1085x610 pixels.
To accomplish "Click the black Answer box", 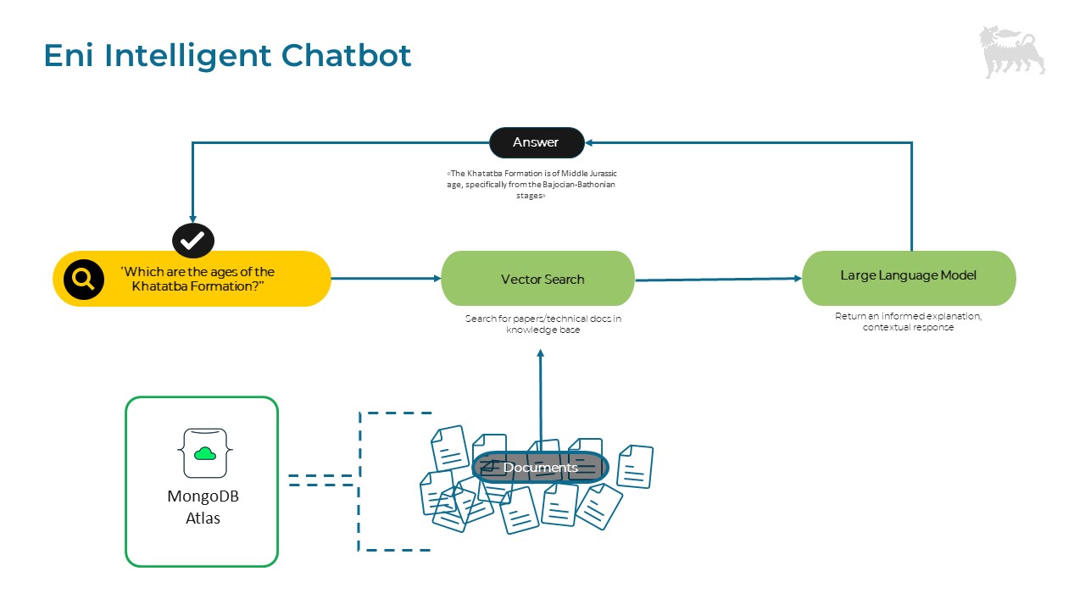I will (537, 142).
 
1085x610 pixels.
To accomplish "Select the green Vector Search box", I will (537, 279).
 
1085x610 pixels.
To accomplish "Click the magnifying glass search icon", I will (84, 279).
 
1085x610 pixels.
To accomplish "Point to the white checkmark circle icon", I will (193, 241).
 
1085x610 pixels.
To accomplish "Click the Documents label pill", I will (540, 468).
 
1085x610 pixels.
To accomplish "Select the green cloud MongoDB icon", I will (205, 453).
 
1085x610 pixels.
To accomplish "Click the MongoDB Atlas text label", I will (202, 507).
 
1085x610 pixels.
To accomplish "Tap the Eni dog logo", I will (1011, 52).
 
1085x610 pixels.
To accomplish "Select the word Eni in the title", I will (70, 56).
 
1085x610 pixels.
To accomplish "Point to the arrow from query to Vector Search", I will (386, 278).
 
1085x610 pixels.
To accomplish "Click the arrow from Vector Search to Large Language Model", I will (717, 279).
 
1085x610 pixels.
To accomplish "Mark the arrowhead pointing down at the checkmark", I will (193, 219).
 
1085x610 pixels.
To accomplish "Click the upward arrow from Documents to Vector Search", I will (540, 398).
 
